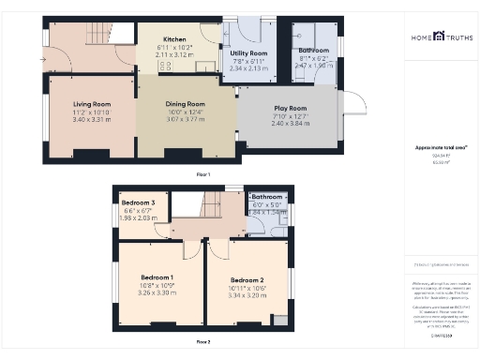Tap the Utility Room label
[x=248, y=53]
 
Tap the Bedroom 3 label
[x=137, y=202]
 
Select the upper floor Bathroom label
[x=266, y=197]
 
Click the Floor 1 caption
[x=202, y=175]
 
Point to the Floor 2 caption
[x=202, y=342]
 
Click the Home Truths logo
[x=440, y=38]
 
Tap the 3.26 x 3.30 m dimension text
[x=157, y=293]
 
